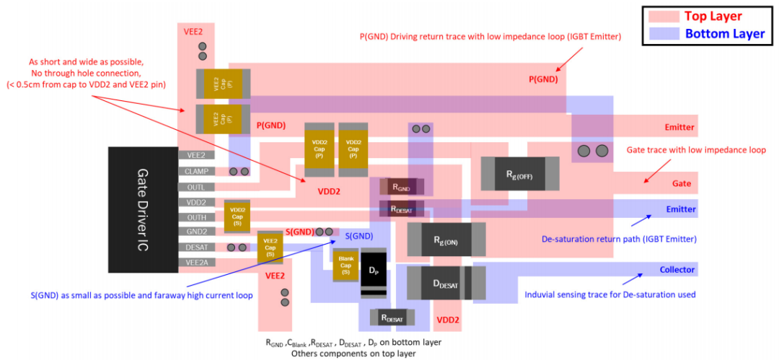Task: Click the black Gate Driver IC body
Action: (x=143, y=209)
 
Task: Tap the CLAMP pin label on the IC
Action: (x=196, y=172)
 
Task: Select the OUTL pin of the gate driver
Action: (x=196, y=187)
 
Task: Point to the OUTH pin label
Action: (x=196, y=217)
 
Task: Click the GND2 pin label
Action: (x=196, y=232)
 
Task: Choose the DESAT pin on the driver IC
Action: (x=196, y=247)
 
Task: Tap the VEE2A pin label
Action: (x=196, y=263)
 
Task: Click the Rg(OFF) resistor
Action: (x=519, y=174)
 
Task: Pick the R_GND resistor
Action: (x=402, y=186)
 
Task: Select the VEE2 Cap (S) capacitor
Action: (x=270, y=247)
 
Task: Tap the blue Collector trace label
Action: (x=677, y=270)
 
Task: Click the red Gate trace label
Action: (x=682, y=184)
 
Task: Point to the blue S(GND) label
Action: (x=358, y=236)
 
